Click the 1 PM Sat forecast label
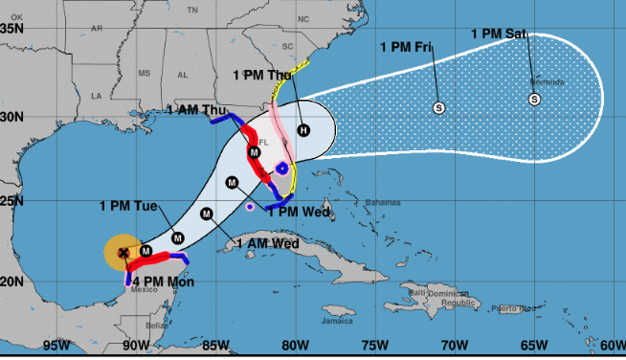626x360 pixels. tap(499, 34)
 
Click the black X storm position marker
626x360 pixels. tap(123, 253)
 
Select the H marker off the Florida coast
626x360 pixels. tap(302, 130)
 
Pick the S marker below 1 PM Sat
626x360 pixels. tap(534, 99)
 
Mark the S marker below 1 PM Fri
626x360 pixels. tap(438, 107)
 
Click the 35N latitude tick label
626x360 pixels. tap(13, 29)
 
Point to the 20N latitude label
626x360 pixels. tap(13, 281)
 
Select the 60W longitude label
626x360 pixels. tap(613, 346)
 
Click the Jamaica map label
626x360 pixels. tap(311, 322)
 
